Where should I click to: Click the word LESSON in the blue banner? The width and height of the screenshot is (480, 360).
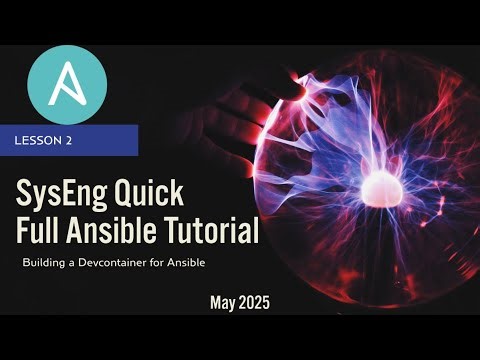(x=37, y=141)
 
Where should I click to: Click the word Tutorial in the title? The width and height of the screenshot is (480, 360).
(x=211, y=231)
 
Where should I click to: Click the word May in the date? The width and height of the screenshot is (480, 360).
(x=226, y=301)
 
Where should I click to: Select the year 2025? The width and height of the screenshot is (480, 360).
(x=257, y=300)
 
